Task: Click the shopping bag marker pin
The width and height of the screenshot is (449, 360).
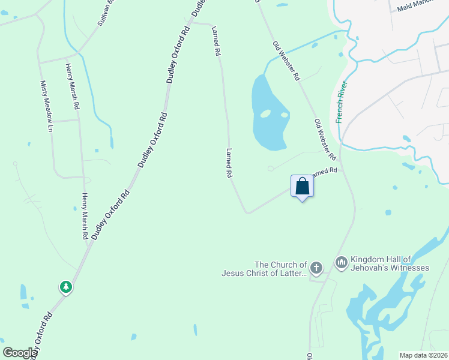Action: click(x=302, y=187)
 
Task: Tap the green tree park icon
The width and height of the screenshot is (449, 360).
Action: click(x=66, y=287)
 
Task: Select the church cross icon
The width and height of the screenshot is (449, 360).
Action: click(x=316, y=266)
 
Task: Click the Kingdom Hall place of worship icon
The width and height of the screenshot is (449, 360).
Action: click(x=342, y=262)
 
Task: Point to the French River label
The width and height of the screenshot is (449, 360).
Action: click(x=342, y=102)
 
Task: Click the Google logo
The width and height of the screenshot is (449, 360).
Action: click(x=20, y=353)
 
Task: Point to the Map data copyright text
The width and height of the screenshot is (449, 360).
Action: click(x=423, y=355)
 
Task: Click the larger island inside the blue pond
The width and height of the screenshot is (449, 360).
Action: click(x=265, y=113)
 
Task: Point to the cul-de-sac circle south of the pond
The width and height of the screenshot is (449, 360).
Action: click(x=271, y=168)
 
